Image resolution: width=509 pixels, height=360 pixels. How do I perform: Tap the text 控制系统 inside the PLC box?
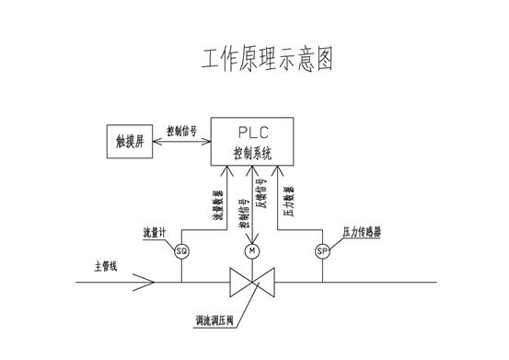(x=252, y=153)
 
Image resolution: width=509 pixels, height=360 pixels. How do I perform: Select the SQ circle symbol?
(x=181, y=251)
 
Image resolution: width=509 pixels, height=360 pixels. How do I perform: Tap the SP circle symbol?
(x=322, y=251)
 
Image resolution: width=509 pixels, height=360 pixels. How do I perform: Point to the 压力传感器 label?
(x=361, y=232)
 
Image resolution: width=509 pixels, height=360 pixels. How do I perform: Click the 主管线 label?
(x=107, y=267)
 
